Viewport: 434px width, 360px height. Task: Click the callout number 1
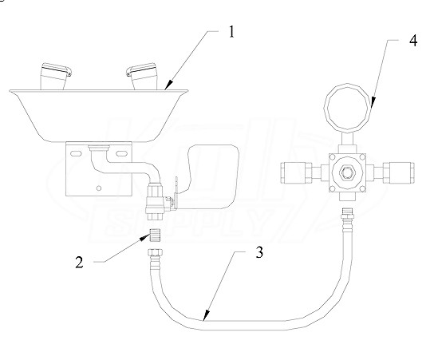231,32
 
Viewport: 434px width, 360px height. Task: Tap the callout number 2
79,263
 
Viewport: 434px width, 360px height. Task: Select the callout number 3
259,252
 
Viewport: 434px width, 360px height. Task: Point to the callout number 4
413,41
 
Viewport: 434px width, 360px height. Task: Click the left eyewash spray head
55,76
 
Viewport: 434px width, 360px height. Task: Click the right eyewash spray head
141,76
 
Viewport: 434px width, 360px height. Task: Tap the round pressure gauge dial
347,107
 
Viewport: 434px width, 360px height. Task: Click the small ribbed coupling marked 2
155,235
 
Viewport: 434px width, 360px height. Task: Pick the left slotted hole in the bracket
75,154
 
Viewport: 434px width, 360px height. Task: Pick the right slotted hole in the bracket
121,154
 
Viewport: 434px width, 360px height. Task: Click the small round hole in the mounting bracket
99,188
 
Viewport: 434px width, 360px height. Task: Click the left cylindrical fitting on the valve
295,173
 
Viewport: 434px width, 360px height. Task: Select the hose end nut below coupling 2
155,253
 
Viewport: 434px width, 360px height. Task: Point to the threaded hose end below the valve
346,216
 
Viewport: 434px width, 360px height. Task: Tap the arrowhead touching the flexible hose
206,315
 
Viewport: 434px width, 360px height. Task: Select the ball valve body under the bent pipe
156,199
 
